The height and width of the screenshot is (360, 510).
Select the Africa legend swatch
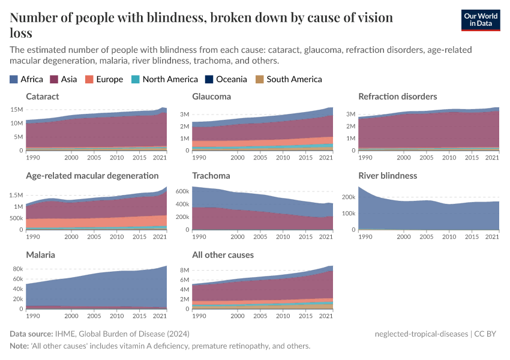[x=14, y=79]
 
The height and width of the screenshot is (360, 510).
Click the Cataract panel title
[x=42, y=96]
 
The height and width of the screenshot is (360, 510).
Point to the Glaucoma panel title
[x=211, y=96]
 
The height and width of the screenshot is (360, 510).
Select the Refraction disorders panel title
[x=397, y=96]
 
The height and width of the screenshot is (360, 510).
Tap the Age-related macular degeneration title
[x=92, y=176]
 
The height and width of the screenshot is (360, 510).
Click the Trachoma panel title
[x=211, y=176]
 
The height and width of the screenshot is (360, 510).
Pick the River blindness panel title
[x=388, y=176]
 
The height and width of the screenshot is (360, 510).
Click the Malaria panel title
[x=40, y=255]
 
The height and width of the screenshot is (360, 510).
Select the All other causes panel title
[x=223, y=255]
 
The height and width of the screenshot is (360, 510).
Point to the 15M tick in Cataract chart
[x=17, y=110]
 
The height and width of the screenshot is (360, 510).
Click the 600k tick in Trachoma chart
[x=182, y=191]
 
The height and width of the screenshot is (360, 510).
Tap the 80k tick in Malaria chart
[x=17, y=269]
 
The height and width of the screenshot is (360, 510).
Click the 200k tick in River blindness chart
[x=349, y=197]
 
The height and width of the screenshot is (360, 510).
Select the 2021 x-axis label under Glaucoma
[x=325, y=157]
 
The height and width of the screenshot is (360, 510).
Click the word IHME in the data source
[x=64, y=334]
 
